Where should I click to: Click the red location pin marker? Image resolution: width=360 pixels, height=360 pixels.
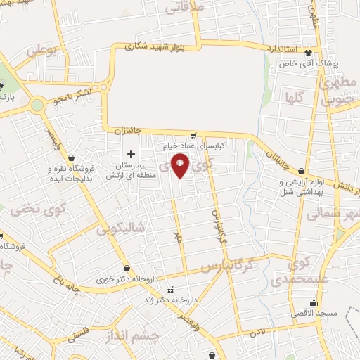click(x=181, y=166)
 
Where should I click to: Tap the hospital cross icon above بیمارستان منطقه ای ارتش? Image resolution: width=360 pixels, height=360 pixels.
click(x=131, y=154)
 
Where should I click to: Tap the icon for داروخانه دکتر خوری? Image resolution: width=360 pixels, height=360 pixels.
click(x=127, y=268)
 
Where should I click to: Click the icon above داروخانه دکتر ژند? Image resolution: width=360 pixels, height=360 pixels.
click(x=169, y=288)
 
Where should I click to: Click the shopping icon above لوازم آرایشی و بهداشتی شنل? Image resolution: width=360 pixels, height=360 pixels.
click(x=301, y=171)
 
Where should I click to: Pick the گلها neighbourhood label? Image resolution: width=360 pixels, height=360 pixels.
click(x=294, y=98)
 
